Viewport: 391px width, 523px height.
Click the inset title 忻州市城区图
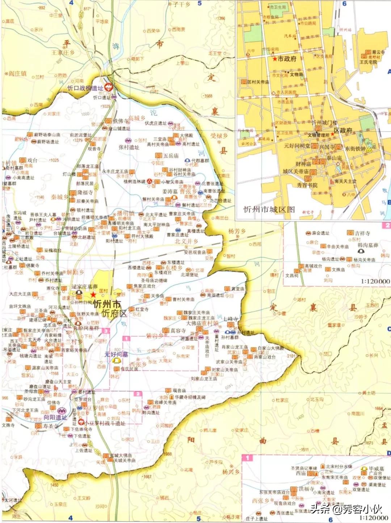point(269,209)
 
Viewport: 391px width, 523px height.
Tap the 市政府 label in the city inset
point(287,59)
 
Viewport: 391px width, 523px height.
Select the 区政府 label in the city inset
point(342,131)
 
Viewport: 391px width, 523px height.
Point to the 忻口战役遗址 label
point(85,88)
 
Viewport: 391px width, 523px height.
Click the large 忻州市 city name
point(107,304)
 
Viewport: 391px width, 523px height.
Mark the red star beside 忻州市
point(94,295)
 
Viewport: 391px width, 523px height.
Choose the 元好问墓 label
point(116,354)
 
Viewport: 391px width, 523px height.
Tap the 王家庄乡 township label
point(63,53)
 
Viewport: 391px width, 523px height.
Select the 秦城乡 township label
point(59,197)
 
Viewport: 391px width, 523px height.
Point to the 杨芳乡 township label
point(237,231)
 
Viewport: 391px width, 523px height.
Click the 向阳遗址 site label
point(55,417)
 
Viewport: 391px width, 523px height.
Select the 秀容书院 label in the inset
point(307,185)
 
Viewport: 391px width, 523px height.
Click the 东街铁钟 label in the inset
point(355,149)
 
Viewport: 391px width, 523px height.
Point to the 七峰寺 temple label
point(230,319)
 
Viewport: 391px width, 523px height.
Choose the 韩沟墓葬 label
point(367,245)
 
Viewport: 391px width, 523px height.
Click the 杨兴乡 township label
point(231,472)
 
